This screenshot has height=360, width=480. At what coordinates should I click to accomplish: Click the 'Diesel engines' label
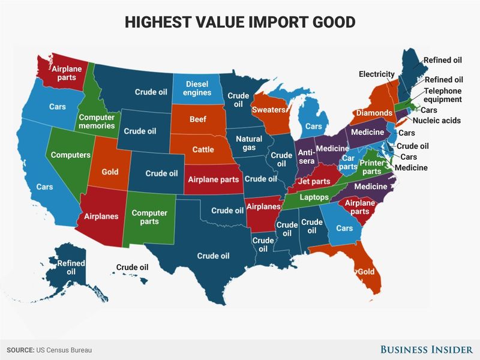(197, 88)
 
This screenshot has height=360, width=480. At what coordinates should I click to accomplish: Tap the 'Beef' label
(197, 119)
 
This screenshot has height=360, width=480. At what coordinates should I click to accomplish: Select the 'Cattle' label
(199, 149)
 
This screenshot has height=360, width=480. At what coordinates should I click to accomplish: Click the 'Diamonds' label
(374, 113)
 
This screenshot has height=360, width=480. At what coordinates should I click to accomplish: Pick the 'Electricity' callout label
(376, 74)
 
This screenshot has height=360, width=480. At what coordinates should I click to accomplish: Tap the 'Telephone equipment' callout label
(443, 95)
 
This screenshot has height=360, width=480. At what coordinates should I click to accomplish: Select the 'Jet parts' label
(314, 181)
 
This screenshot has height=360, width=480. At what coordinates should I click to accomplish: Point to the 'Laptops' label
(314, 197)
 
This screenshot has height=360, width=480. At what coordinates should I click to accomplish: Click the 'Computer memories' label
(97, 122)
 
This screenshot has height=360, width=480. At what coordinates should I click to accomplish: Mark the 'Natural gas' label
(248, 143)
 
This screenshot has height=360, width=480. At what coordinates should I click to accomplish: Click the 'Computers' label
(70, 155)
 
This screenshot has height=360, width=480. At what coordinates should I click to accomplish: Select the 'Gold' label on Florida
(366, 272)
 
